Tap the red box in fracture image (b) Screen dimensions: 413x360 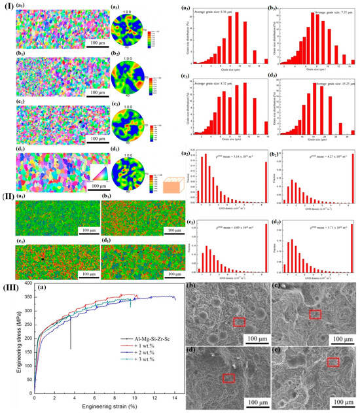[x=239, y=321]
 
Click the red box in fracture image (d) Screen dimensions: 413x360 [x=228, y=378]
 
